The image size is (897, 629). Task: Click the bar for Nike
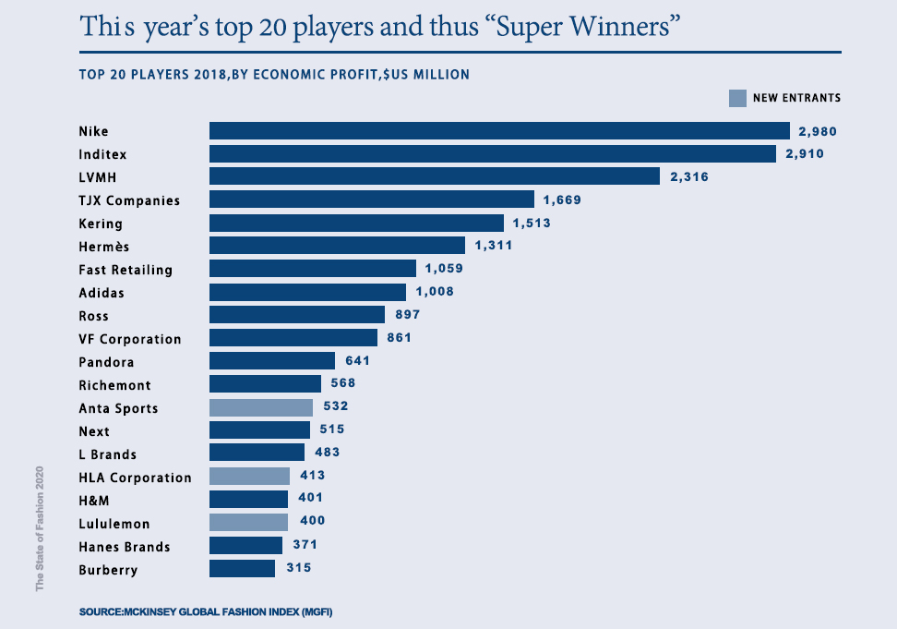click(x=499, y=131)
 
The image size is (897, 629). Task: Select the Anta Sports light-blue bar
click(x=261, y=407)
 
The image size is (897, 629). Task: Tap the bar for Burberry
click(x=242, y=569)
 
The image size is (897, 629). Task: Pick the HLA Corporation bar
click(x=249, y=477)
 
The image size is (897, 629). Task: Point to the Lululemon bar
click(x=249, y=523)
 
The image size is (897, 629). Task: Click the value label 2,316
click(x=689, y=176)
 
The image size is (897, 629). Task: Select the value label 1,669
click(x=563, y=200)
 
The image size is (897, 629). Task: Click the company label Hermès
click(x=104, y=247)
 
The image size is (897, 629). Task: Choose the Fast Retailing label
click(x=126, y=270)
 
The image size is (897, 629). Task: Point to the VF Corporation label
click(x=130, y=339)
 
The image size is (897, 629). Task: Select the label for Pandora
click(x=106, y=362)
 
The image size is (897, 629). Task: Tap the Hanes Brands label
click(x=125, y=547)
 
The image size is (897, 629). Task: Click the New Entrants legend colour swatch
click(x=736, y=98)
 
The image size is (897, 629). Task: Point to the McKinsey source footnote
click(x=205, y=612)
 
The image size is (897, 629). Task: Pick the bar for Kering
click(x=356, y=223)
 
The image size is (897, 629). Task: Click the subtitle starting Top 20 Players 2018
click(x=274, y=74)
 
